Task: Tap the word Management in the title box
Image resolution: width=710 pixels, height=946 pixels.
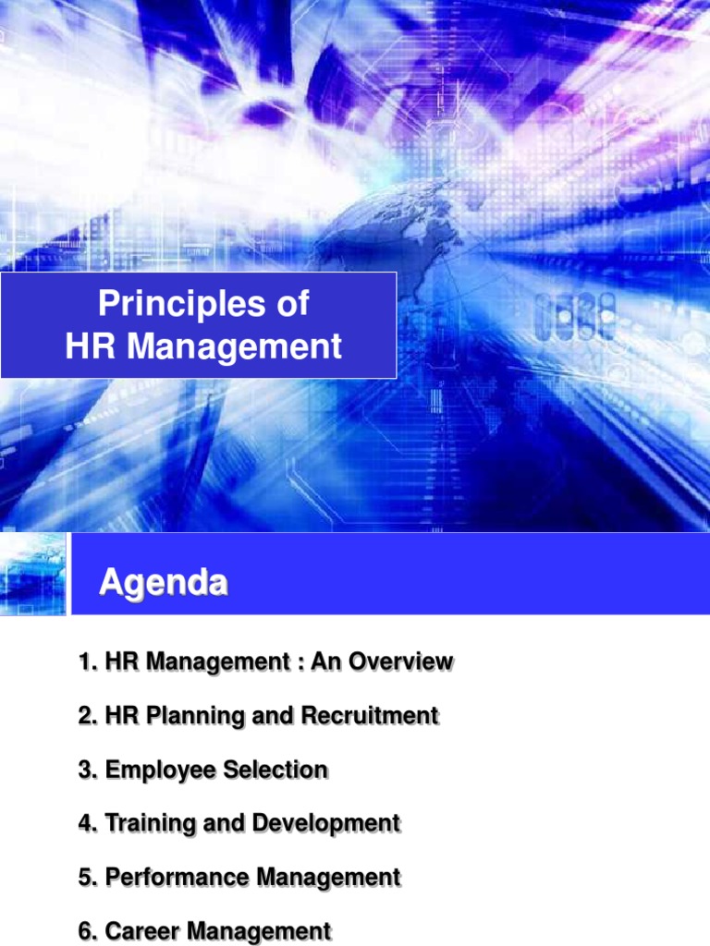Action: [234, 347]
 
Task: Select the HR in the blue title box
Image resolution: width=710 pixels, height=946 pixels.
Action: [92, 347]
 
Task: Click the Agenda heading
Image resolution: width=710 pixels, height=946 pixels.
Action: [163, 583]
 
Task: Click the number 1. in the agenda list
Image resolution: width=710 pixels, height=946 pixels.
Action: [88, 662]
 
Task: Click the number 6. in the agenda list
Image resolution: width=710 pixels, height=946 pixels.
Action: [88, 930]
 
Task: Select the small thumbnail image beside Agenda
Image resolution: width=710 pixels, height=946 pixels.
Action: [33, 574]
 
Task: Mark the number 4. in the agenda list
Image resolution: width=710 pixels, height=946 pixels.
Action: [88, 823]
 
